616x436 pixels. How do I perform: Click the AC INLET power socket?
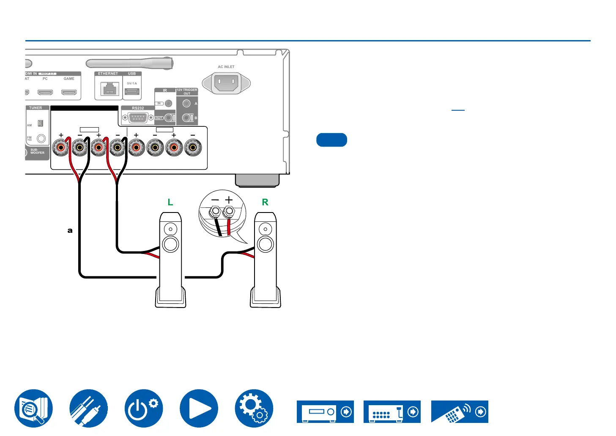pyautogui.click(x=226, y=83)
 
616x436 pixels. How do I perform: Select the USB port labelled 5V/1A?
pyautogui.click(x=132, y=92)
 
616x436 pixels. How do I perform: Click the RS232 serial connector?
pyautogui.click(x=137, y=118)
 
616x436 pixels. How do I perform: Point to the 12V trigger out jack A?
pyautogui.click(x=186, y=103)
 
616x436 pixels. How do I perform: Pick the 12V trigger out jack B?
pyautogui.click(x=186, y=118)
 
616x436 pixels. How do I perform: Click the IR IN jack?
pyautogui.click(x=168, y=103)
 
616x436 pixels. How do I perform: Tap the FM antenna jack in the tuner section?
pyautogui.click(x=41, y=138)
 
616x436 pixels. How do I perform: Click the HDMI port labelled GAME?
pyautogui.click(x=69, y=92)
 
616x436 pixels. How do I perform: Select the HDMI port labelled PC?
pyautogui.click(x=45, y=92)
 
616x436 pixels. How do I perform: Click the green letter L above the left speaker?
pyautogui.click(x=170, y=202)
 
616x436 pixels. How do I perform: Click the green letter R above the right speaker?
pyautogui.click(x=265, y=202)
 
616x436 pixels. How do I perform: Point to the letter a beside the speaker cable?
pyautogui.click(x=70, y=231)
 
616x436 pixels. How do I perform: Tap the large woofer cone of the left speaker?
pyautogui.click(x=170, y=245)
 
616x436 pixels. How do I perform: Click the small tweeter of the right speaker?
pyautogui.click(x=265, y=230)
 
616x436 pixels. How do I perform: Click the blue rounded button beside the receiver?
pyautogui.click(x=331, y=140)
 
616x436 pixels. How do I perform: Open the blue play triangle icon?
pyautogui.click(x=199, y=409)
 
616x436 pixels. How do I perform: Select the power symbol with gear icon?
pyautogui.click(x=144, y=409)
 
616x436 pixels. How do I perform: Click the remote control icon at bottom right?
pyautogui.click(x=460, y=412)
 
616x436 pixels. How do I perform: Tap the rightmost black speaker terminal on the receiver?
pyautogui.click(x=193, y=148)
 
